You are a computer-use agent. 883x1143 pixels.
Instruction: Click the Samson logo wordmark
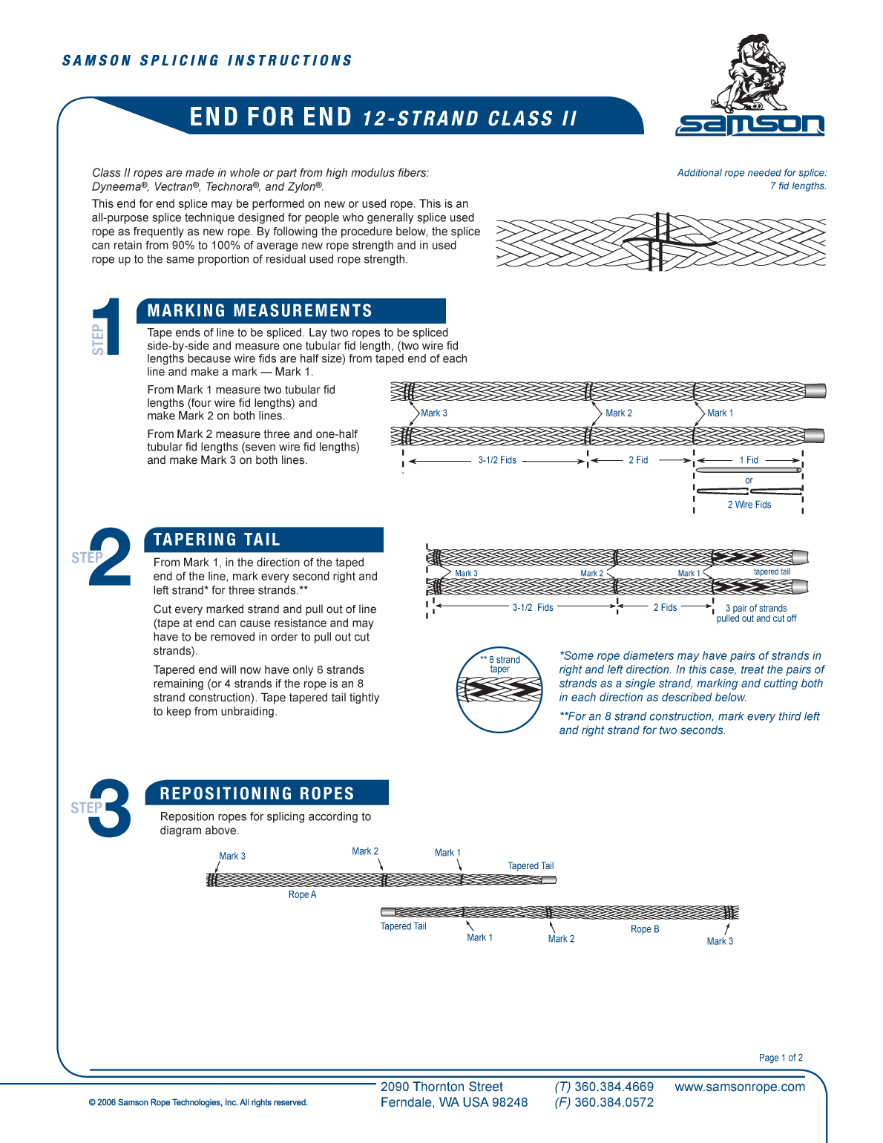(749, 125)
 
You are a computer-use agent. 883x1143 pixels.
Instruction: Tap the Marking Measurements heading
(260, 311)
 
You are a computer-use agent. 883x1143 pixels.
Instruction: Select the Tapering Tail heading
(217, 540)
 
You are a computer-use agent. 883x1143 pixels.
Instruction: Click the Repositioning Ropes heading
(257, 793)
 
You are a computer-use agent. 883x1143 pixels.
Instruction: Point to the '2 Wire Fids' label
(749, 505)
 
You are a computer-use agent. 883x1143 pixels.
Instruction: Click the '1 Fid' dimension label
(749, 460)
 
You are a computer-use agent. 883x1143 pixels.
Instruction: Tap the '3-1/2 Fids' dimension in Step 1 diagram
(497, 460)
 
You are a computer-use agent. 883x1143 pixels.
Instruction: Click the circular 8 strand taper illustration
(499, 690)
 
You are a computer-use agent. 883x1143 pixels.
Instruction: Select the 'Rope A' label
(302, 894)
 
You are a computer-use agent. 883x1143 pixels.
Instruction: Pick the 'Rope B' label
(645, 929)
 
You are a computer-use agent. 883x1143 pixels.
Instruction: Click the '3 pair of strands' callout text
(756, 609)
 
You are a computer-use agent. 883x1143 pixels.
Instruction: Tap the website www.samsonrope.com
(739, 1087)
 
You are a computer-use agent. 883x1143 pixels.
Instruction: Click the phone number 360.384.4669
(614, 1087)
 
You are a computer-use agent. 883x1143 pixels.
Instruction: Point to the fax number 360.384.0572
(614, 1103)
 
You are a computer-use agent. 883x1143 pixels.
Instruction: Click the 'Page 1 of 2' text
(781, 1058)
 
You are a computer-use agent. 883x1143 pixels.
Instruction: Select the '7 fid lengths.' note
(798, 186)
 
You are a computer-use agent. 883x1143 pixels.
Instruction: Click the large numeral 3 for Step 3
(111, 809)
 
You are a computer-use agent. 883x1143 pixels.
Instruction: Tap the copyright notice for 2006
(198, 1103)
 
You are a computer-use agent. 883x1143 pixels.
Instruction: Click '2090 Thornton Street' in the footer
(441, 1087)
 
